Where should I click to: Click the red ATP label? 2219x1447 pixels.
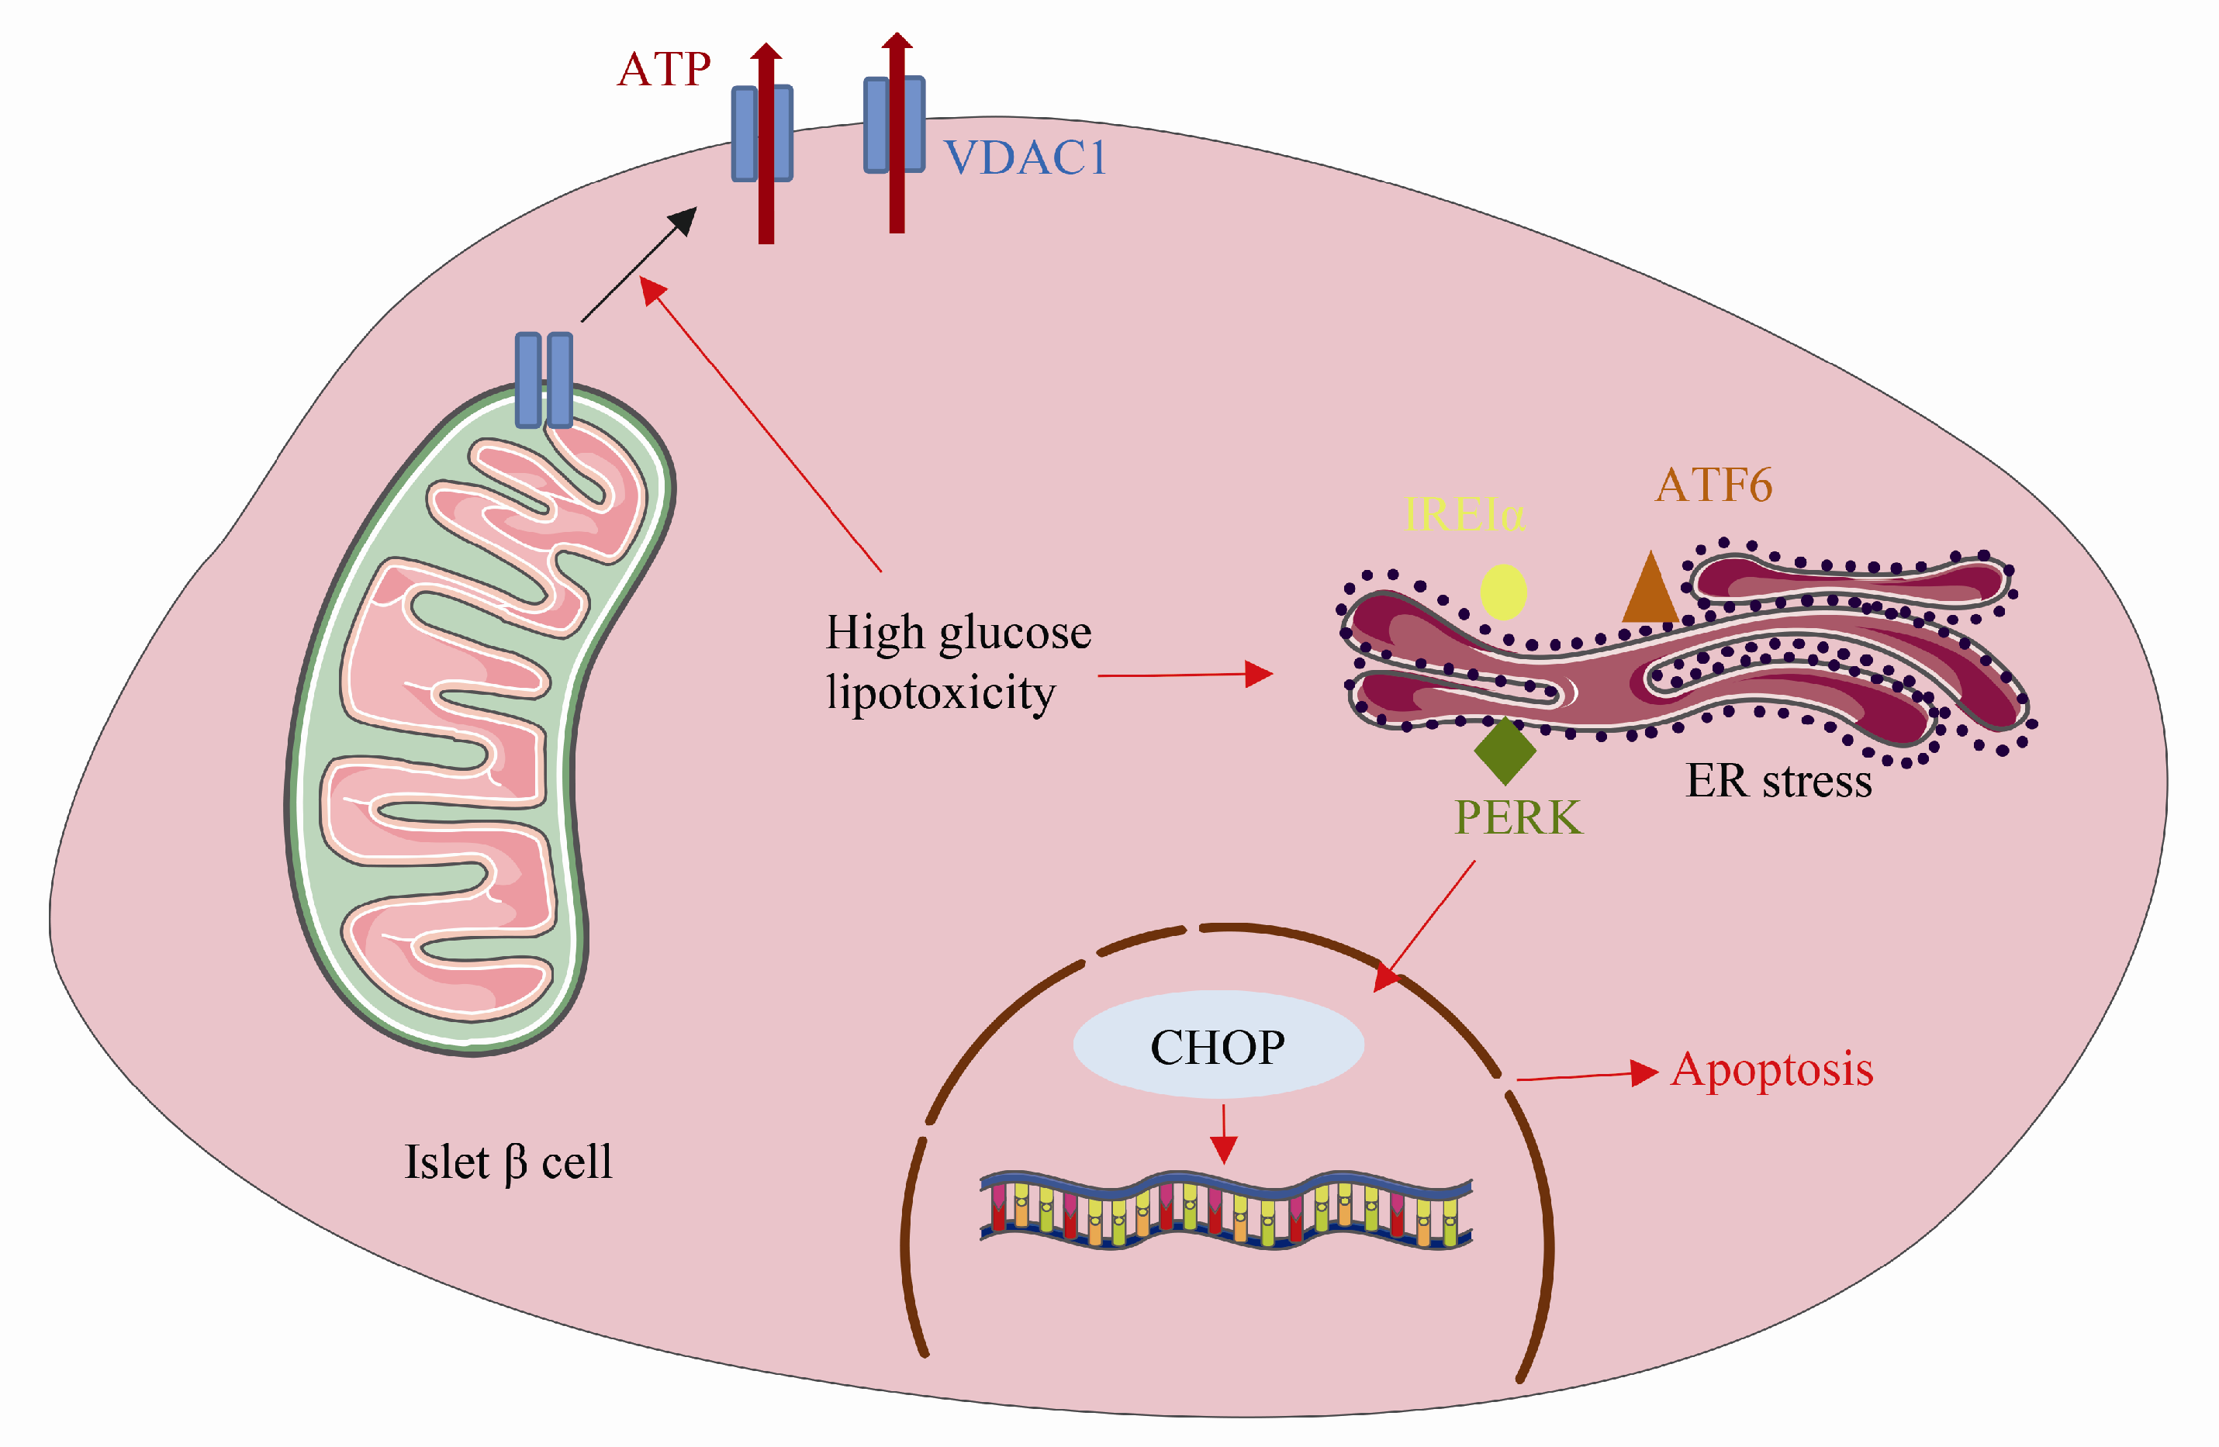tap(664, 69)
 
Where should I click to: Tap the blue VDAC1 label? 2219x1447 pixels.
tap(1024, 157)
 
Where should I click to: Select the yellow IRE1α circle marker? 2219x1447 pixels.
tap(1503, 592)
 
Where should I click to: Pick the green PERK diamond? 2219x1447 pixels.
tap(1505, 750)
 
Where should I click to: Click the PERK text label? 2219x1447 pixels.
tap(1518, 817)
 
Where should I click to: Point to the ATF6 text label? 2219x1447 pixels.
tap(1713, 485)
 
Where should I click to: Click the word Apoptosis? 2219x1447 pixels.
tap(1771, 1069)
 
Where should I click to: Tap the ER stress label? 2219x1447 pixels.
tap(1778, 782)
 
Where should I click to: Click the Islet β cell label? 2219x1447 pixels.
tap(508, 1162)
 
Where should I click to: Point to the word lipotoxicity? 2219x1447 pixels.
tap(941, 692)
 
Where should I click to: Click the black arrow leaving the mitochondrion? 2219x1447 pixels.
tap(638, 266)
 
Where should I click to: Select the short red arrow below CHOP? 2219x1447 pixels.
tap(1224, 1133)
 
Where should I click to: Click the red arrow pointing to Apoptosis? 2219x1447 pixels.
tap(1585, 1076)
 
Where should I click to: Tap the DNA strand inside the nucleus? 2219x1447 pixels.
tap(1225, 1210)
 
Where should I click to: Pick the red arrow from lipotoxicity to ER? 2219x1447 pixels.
tap(1184, 674)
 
